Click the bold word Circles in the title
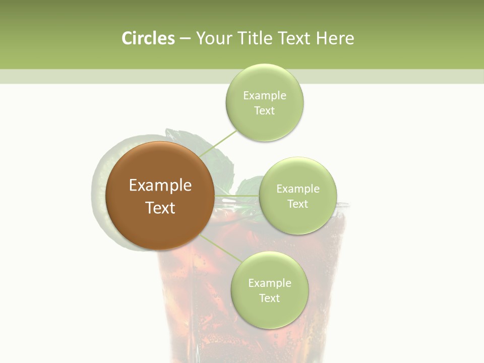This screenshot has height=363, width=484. [x=148, y=38]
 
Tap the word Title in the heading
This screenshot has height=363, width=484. [x=257, y=38]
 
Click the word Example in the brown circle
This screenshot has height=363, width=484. [x=160, y=186]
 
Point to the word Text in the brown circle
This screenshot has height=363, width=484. [x=160, y=208]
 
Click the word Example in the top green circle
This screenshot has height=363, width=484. [x=264, y=96]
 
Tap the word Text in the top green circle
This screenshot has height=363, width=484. [x=264, y=111]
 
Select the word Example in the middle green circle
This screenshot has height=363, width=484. [x=297, y=189]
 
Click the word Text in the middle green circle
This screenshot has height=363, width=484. [x=297, y=204]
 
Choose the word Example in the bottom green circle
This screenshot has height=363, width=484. [x=269, y=283]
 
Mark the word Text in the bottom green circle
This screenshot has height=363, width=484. [x=269, y=298]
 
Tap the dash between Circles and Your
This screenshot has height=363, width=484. [x=185, y=39]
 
